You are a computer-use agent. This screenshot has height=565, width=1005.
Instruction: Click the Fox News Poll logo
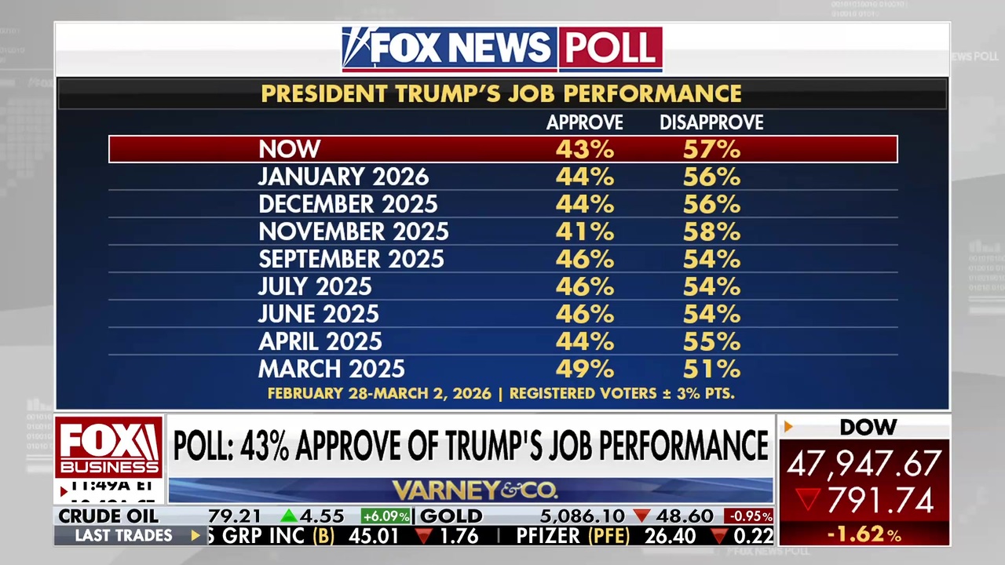[502, 49]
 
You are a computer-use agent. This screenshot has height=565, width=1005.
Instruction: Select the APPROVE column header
[585, 122]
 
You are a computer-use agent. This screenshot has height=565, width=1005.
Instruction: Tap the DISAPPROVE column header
[711, 122]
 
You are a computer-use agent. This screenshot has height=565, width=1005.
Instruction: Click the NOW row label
[290, 149]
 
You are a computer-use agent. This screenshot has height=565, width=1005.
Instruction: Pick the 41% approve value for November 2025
[585, 231]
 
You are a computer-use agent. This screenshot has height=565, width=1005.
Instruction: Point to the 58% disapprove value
[711, 231]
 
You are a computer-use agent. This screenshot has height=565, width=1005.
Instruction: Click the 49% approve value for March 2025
[585, 369]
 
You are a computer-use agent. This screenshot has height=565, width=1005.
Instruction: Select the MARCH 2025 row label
[331, 369]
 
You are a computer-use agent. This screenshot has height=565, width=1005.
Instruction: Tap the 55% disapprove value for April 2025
[711, 341]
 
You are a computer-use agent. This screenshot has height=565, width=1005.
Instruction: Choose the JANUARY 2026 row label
[344, 177]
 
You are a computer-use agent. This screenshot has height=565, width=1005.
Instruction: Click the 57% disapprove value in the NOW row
[711, 149]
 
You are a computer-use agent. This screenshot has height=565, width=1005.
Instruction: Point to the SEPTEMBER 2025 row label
[351, 259]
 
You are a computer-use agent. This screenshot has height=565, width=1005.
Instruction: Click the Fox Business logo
[108, 448]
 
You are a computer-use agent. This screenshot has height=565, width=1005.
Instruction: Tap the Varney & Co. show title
[475, 491]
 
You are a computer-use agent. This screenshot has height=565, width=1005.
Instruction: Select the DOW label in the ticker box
[868, 428]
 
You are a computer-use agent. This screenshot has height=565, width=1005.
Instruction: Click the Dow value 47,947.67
[864, 464]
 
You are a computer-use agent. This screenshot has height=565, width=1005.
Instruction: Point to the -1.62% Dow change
[864, 535]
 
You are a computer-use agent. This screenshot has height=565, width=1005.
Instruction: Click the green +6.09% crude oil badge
[386, 516]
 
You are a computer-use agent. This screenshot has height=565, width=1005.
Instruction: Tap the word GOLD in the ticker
[452, 516]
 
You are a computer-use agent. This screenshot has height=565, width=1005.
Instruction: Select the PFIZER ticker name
[548, 536]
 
